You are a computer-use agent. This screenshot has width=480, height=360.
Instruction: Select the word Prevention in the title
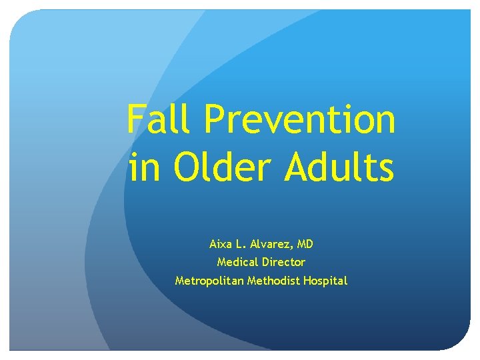click(x=300, y=120)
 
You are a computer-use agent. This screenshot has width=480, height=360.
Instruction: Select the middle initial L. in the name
click(x=242, y=244)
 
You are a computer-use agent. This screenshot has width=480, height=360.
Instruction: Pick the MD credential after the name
click(x=305, y=244)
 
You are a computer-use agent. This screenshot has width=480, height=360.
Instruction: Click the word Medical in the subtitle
click(x=235, y=262)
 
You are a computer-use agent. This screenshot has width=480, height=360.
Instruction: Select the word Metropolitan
click(x=209, y=281)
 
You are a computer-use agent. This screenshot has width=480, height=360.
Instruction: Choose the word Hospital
click(x=325, y=281)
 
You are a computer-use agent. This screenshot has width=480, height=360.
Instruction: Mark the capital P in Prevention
click(x=216, y=120)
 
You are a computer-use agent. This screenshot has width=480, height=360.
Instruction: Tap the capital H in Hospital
click(x=307, y=281)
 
